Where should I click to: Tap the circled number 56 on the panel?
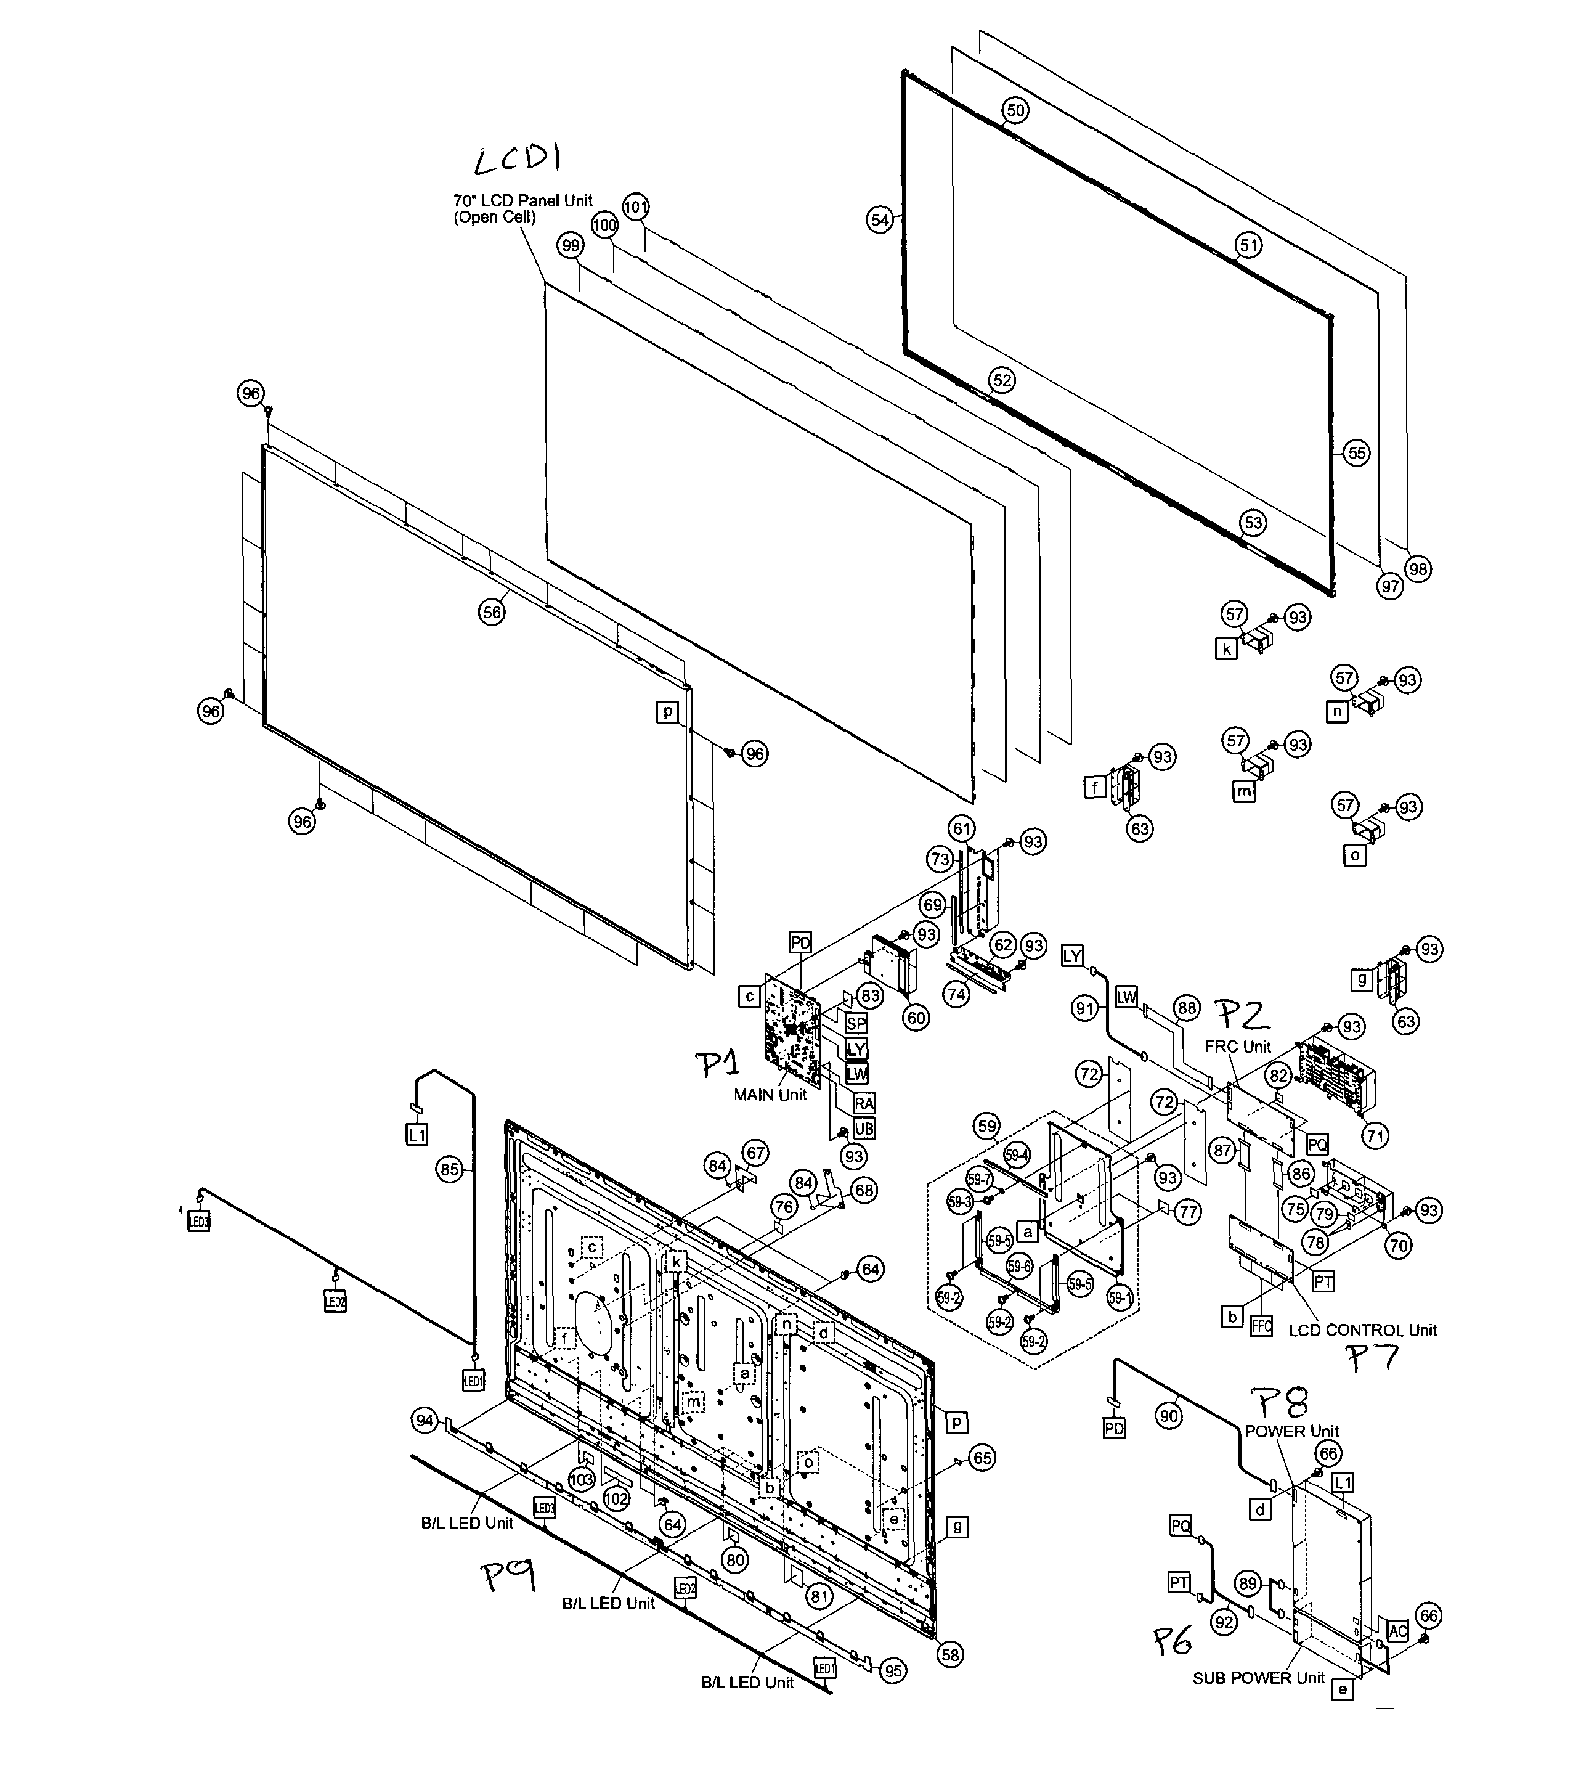492,612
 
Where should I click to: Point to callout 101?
635,207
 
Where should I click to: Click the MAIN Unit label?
770,1095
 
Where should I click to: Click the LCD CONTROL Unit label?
1362,1330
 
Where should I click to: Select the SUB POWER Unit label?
1258,1678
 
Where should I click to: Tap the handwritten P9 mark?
509,1574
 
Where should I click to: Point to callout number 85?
449,1169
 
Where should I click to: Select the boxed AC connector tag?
1397,1631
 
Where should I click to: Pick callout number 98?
1418,569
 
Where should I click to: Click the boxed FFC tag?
1261,1326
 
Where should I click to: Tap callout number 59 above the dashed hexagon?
986,1126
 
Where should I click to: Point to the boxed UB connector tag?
863,1128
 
